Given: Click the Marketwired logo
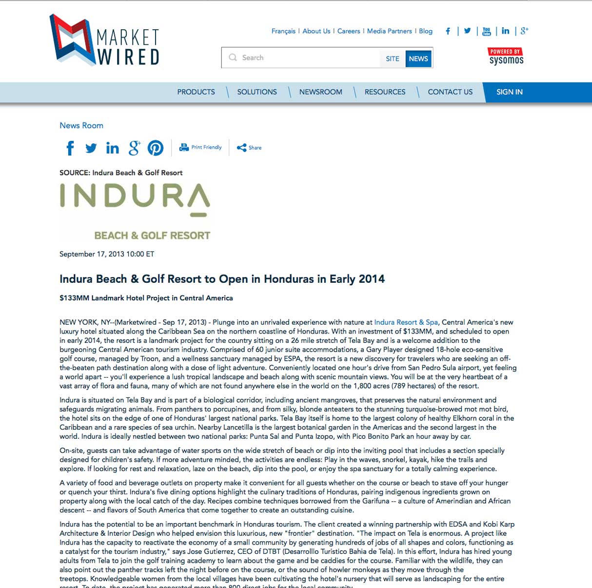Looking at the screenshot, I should (105, 40).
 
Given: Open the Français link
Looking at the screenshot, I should (283, 31).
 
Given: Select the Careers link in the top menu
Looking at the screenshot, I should (349, 31).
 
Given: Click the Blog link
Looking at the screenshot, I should (426, 31).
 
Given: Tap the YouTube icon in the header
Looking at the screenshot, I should (486, 31).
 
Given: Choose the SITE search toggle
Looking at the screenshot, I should (392, 59).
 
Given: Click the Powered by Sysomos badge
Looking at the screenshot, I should (506, 57).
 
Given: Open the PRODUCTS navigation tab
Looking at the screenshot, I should (196, 92).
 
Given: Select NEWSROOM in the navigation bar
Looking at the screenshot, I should (321, 92).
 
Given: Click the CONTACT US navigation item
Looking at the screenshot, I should (450, 92).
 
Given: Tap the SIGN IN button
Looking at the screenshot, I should (509, 92).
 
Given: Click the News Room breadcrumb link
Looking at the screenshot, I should (81, 126).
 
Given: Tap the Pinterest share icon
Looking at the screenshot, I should (156, 148).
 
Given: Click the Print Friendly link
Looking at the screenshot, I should (201, 147).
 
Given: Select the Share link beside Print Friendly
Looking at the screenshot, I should (249, 148).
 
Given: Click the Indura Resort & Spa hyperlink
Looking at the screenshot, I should (406, 322).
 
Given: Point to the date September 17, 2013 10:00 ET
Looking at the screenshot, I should (107, 254).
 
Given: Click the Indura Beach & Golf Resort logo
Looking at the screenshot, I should (135, 212).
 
